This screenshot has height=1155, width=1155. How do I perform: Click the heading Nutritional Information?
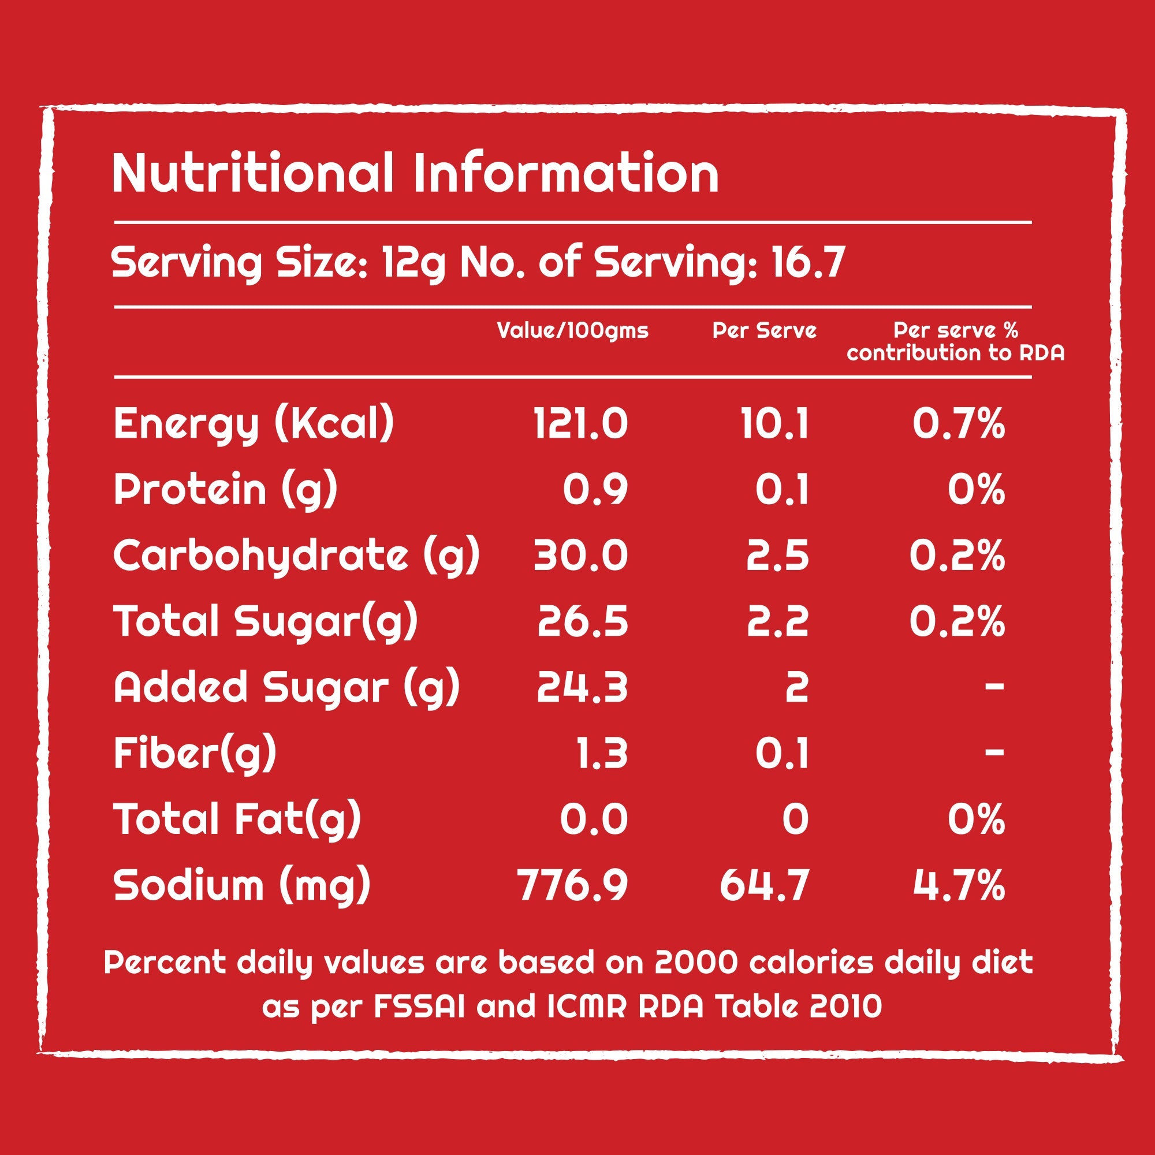415,173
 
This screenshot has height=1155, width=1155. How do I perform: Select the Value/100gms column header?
572,330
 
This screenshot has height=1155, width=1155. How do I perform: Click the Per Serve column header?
764,330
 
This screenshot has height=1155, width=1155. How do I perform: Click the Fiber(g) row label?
195,753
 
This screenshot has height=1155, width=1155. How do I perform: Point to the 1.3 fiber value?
602,753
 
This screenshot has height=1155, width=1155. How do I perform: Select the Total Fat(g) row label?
237,819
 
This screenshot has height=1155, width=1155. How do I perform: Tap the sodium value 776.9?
573,885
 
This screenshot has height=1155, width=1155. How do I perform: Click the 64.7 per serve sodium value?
765,885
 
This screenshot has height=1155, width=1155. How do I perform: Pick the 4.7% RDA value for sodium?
958,885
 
